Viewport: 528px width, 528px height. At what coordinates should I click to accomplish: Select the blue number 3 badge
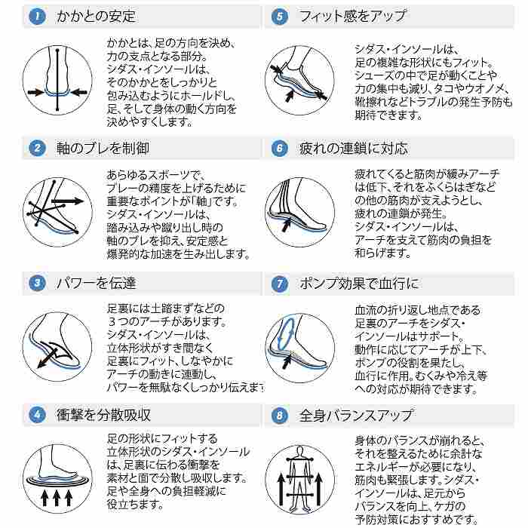36,284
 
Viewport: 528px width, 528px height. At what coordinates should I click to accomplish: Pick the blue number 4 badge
36,415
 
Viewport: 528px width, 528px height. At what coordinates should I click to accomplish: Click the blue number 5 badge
280,15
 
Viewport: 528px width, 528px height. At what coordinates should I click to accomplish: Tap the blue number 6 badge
280,149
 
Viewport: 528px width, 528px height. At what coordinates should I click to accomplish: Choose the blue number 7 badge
280,284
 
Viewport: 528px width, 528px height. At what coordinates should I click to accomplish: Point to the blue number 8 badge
280,415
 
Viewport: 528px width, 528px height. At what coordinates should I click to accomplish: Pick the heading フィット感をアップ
352,16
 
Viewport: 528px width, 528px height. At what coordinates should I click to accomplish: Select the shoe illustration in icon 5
300,75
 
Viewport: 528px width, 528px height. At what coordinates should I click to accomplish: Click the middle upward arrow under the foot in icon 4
57,499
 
